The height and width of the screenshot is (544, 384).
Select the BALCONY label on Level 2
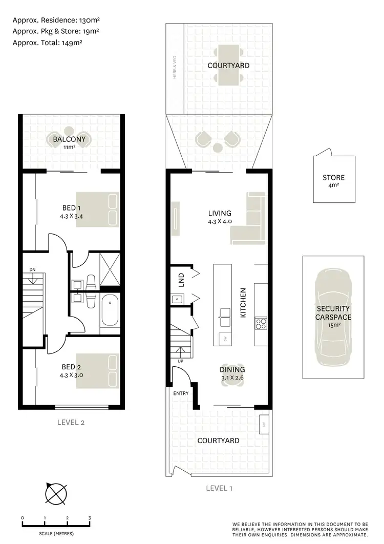(x=69, y=139)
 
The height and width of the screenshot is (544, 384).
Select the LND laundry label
(x=181, y=279)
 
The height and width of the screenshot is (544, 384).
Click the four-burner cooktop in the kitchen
(x=261, y=323)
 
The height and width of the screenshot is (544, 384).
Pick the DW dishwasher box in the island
(x=224, y=339)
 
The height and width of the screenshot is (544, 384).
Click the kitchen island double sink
(x=224, y=313)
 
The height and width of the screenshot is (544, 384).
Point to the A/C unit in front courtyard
(x=264, y=424)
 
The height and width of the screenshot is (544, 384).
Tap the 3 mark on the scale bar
(x=90, y=518)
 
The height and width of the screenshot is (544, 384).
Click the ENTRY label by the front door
(x=181, y=393)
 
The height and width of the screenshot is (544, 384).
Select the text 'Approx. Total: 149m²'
(x=48, y=43)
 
